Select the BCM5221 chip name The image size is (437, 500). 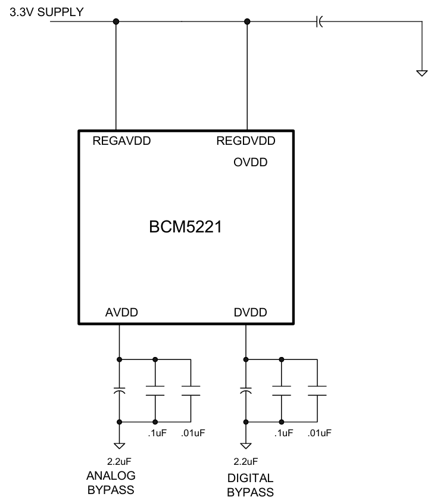click(186, 228)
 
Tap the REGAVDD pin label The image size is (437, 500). click(121, 142)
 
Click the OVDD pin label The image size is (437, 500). click(251, 163)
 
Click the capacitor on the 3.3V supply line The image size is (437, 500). click(319, 21)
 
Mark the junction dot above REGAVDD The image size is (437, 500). click(116, 21)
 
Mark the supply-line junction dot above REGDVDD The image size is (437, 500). click(247, 21)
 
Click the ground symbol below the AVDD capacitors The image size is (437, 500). click(120, 445)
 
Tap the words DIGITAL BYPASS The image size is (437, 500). click(250, 485)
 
